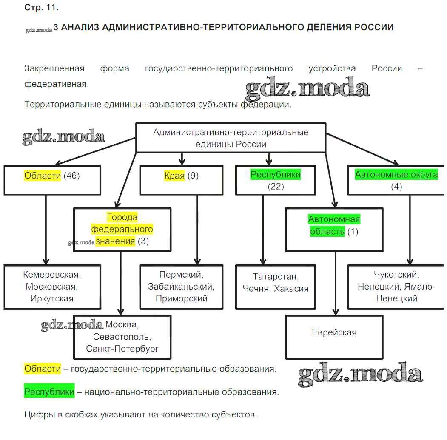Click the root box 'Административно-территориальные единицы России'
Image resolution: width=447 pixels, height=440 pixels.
231,138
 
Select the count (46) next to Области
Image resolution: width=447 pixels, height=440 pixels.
71,176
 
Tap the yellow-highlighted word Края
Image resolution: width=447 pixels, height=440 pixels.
174,176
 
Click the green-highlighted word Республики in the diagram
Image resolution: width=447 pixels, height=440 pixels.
275,175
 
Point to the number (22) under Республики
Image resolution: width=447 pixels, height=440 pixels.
275,186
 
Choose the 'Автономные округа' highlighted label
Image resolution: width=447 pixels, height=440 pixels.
396,175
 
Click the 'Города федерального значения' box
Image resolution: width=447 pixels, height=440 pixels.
122,230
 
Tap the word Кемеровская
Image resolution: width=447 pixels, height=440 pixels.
51,275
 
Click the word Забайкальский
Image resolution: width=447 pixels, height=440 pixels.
181,287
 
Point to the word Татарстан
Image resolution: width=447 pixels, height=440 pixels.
276,277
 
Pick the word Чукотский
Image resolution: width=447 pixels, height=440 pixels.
396,275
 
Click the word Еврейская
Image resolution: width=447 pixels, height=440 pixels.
334,332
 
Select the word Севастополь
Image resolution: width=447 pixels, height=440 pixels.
122,337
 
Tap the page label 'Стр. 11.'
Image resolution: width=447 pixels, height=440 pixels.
41,8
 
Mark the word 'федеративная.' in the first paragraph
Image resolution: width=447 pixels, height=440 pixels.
57,84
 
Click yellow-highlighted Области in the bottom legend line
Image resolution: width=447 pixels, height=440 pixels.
43,369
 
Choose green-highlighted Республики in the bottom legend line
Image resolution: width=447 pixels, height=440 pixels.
49,392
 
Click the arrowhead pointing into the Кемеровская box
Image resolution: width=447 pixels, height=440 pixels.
46,261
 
